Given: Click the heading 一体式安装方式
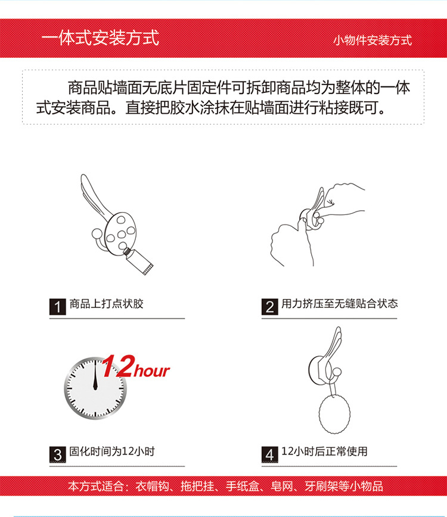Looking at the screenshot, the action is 100,38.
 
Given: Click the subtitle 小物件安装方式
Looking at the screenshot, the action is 372,41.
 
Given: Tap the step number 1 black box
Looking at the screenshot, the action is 57,307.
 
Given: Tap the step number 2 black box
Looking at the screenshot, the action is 269,307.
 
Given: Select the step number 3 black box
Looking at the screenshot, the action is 57,454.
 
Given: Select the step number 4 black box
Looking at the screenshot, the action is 269,454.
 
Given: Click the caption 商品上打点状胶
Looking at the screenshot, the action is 106,304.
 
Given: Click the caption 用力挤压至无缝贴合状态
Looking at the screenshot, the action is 340,304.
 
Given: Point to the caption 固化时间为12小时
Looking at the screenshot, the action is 112,451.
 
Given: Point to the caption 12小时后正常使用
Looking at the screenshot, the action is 324,451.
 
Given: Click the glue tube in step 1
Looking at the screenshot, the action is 138,261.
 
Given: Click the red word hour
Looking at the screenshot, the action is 152,371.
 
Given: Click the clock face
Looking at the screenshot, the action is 95,388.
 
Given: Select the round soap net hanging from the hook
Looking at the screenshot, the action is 334,414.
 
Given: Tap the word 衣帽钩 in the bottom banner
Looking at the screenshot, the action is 152,486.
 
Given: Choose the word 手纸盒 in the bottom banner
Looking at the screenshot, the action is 243,486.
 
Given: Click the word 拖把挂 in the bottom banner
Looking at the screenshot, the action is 197,486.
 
